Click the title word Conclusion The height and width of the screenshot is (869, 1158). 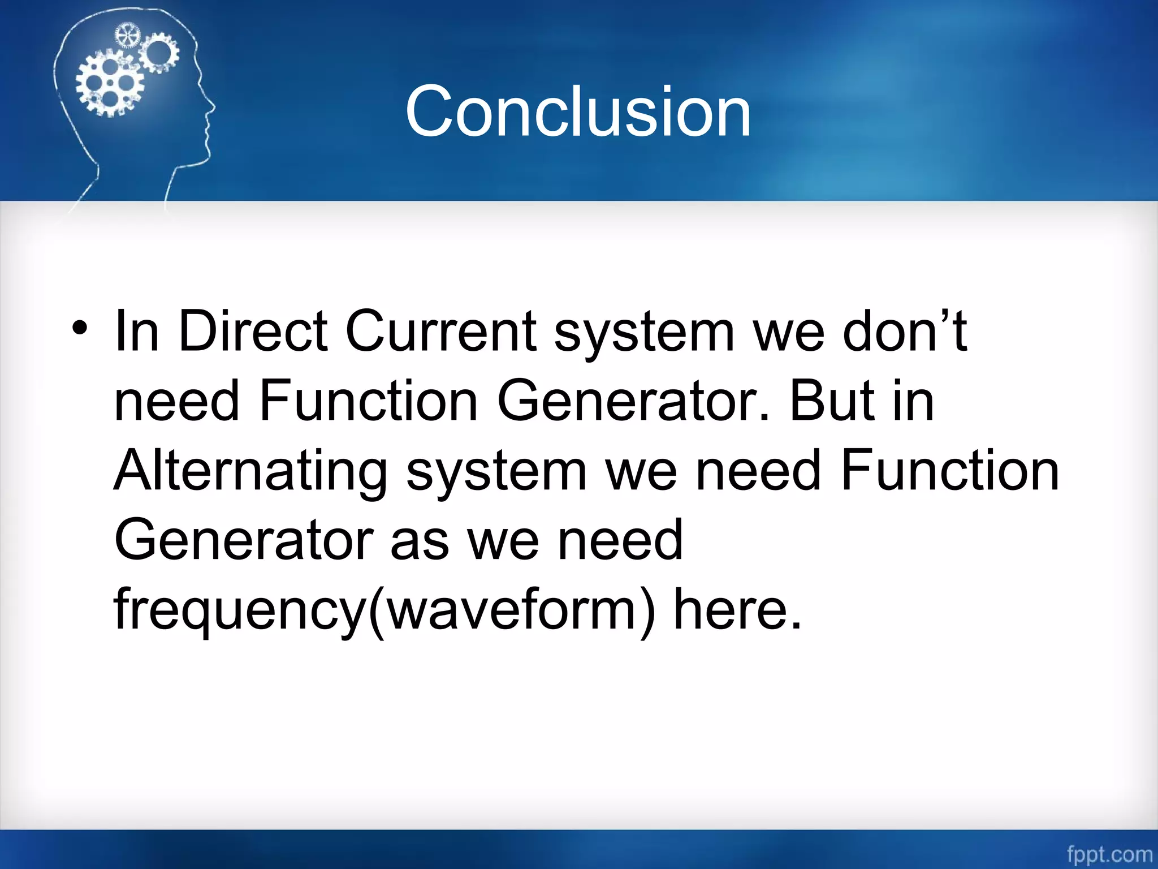coord(578,111)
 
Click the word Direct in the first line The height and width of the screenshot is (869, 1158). coord(252,332)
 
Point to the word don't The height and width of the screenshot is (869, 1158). coord(905,332)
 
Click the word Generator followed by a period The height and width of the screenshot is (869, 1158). coord(633,401)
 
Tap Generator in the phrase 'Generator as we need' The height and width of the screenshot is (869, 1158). coord(243,540)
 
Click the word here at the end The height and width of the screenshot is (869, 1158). coord(737,610)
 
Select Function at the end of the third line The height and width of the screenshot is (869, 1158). coord(949,471)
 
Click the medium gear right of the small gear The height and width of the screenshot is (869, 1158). coord(159,52)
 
